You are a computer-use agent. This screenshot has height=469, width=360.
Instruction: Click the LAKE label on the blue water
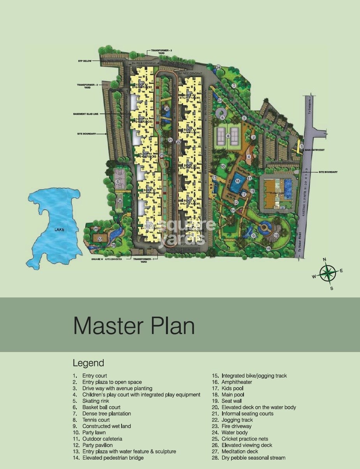[x=59, y=230]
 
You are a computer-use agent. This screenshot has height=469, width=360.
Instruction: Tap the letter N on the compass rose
[x=325, y=259]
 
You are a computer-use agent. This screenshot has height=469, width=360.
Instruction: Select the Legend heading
[x=88, y=363]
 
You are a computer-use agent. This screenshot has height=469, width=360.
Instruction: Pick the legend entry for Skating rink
[x=96, y=401]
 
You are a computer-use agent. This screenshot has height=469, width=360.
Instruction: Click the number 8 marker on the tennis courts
[x=229, y=136]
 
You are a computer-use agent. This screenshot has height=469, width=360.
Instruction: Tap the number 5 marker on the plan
[x=222, y=117]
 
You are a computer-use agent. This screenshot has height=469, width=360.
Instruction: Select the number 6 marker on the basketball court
[x=117, y=181]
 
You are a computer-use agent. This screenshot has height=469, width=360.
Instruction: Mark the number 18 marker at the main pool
[x=237, y=181]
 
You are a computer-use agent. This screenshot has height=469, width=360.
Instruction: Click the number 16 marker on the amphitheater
[x=276, y=235]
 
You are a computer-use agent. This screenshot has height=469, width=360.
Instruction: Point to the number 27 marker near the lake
[x=100, y=239]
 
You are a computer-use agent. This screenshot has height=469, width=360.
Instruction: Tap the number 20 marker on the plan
[x=166, y=109]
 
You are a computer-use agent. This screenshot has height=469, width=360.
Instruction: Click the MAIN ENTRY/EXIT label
[x=314, y=150]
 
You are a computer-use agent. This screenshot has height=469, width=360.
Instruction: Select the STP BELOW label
[x=85, y=61]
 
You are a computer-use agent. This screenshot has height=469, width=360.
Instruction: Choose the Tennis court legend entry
[x=96, y=420]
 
